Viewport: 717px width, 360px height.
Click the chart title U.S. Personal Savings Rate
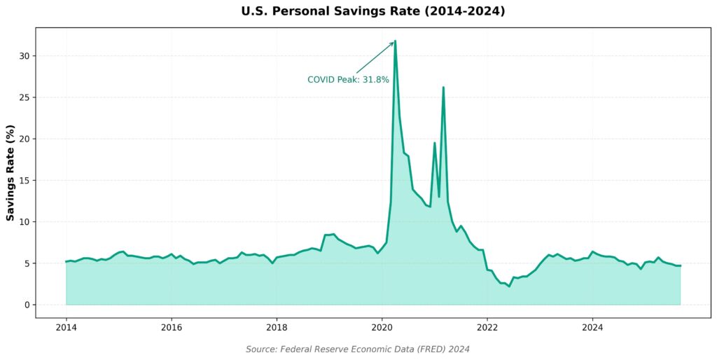pyautogui.click(x=373, y=11)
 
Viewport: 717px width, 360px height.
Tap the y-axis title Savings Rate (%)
pyautogui.click(x=11, y=172)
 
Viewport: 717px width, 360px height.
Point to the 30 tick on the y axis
pyautogui.click(x=25, y=56)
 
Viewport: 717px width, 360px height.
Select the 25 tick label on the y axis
pyautogui.click(x=25, y=97)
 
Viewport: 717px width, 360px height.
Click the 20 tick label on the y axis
pyautogui.click(x=25, y=139)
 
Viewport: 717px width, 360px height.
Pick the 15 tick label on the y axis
pyautogui.click(x=25, y=181)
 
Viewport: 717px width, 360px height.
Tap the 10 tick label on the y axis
pyautogui.click(x=25, y=222)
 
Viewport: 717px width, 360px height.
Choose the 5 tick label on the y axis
pyautogui.click(x=28, y=263)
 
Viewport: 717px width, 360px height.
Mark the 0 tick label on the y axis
pyautogui.click(x=28, y=305)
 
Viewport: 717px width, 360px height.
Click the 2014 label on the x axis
pyautogui.click(x=66, y=327)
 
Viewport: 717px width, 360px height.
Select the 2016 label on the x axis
pyautogui.click(x=172, y=327)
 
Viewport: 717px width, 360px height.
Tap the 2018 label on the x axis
pyautogui.click(x=277, y=327)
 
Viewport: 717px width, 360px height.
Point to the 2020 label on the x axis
pyautogui.click(x=382, y=327)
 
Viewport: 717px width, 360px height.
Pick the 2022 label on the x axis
pyautogui.click(x=487, y=327)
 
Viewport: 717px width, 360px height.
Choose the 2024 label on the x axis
pyautogui.click(x=592, y=327)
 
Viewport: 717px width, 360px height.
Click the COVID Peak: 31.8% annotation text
pyautogui.click(x=348, y=80)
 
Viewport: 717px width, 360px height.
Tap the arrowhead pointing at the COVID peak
pyautogui.click(x=393, y=43)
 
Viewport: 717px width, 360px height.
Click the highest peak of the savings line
pyautogui.click(x=396, y=41)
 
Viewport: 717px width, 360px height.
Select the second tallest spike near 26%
pyautogui.click(x=443, y=88)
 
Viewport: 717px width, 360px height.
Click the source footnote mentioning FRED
pyautogui.click(x=358, y=349)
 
